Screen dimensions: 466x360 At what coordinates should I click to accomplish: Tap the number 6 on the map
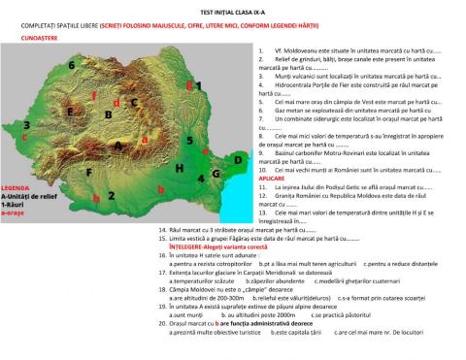click(x=72, y=65)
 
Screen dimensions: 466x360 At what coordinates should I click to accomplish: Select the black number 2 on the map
click(x=112, y=195)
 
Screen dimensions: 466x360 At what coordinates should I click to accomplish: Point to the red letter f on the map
click(x=94, y=96)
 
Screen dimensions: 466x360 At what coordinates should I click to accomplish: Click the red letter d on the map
click(x=116, y=102)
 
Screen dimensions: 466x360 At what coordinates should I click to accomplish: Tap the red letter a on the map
click(x=145, y=139)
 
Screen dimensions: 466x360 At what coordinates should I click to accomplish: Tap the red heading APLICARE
click(x=271, y=179)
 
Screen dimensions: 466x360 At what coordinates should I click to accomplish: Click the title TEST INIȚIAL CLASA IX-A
click(x=232, y=11)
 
